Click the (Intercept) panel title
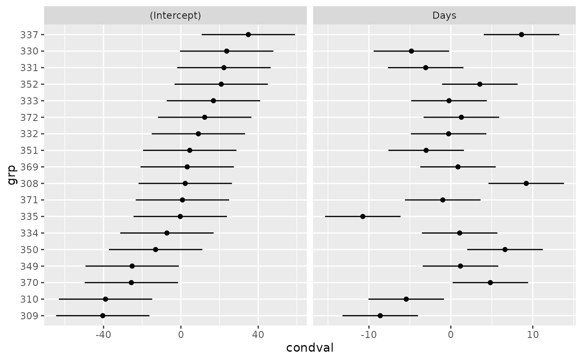175,15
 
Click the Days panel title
444,15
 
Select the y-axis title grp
12,175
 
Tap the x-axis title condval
310,348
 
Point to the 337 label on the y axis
29,35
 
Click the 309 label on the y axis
29,316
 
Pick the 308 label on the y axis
29,184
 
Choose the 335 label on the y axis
29,217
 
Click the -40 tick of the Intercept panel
103,335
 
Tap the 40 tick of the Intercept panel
258,335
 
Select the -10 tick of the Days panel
368,335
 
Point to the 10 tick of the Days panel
533,335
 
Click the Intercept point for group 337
249,35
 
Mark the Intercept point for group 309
103,316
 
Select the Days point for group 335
363,217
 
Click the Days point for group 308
526,184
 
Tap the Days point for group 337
521,35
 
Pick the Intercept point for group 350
155,249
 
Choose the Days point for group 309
380,316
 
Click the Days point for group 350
505,249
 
